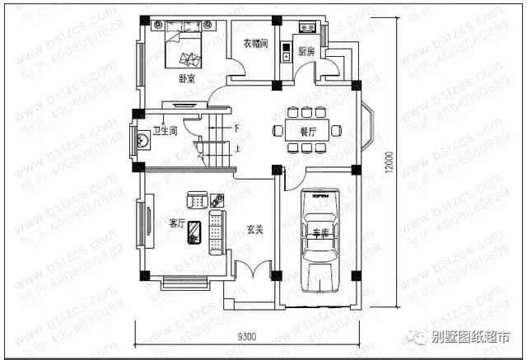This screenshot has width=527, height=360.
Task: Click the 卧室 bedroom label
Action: click(186, 79)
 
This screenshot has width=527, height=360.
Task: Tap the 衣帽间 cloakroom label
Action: click(255, 44)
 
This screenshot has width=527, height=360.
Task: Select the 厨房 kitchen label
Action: click(307, 51)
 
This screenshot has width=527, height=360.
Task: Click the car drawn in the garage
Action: click(318, 239)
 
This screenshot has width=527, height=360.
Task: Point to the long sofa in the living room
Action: click(217, 231)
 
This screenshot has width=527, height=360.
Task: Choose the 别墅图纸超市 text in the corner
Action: click(473, 337)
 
